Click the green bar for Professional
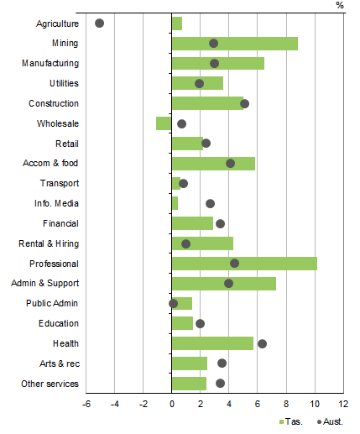[243, 264]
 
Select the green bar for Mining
[234, 44]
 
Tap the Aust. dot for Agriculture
[100, 24]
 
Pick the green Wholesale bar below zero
[164, 123]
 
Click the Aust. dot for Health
[262, 343]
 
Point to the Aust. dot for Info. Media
[210, 204]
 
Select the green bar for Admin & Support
[223, 284]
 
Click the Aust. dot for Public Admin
[173, 303]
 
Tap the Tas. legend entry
[290, 422]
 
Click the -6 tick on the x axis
[86, 405]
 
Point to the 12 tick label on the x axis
[342, 405]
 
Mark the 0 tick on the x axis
[171, 405]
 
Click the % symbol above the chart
[340, 6]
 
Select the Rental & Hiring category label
[50, 243]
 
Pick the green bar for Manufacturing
[217, 64]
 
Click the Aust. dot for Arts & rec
[222, 363]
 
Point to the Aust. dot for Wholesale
[181, 124]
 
